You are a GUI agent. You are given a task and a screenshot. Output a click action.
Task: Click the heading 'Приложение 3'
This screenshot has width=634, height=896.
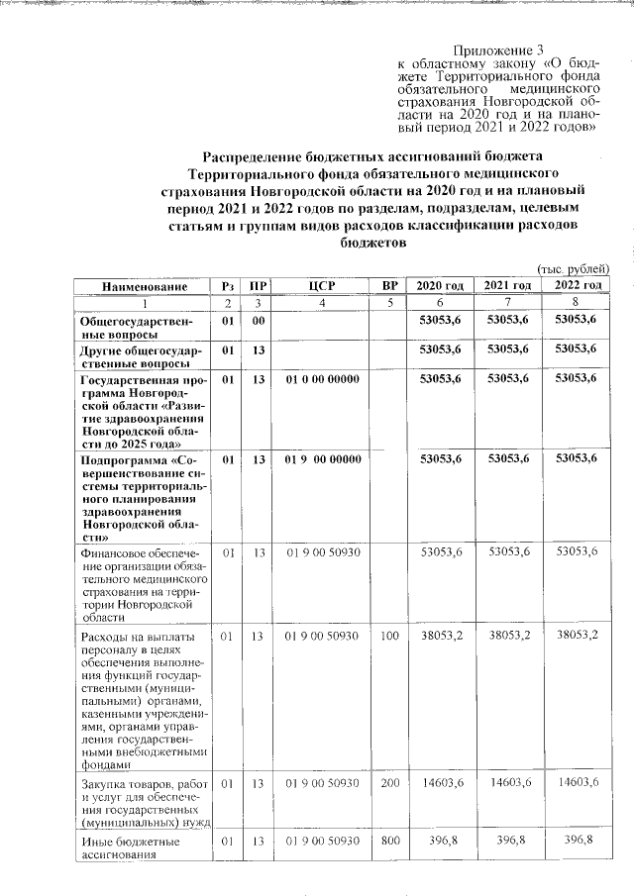pyautogui.click(x=498, y=50)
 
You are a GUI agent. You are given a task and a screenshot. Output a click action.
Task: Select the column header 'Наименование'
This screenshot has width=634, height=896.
pyautogui.click(x=145, y=286)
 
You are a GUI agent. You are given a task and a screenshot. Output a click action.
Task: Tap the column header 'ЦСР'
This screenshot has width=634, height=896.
pyautogui.click(x=322, y=286)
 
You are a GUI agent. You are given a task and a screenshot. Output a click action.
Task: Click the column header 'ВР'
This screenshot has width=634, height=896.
pyautogui.click(x=389, y=286)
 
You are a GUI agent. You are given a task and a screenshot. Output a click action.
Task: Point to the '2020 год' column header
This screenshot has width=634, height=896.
pyautogui.click(x=440, y=286)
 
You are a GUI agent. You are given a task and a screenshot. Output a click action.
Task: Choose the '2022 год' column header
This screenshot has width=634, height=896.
pyautogui.click(x=577, y=286)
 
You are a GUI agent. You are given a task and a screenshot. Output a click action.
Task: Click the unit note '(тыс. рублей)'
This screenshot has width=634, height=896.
pyautogui.click(x=572, y=269)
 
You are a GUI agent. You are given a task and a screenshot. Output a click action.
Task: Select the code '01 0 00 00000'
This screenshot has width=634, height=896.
pyautogui.click(x=322, y=379)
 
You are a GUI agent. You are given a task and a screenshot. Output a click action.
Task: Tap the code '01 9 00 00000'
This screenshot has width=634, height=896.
pyautogui.click(x=322, y=459)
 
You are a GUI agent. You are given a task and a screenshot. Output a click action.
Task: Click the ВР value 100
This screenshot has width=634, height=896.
pyautogui.click(x=389, y=636)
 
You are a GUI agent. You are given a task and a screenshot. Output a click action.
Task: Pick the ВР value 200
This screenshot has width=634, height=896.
pyautogui.click(x=389, y=783)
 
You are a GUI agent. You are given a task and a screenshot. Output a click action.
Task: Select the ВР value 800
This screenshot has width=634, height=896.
pyautogui.click(x=389, y=842)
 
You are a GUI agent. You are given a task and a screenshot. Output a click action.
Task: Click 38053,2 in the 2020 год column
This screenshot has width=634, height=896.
pyautogui.click(x=441, y=636)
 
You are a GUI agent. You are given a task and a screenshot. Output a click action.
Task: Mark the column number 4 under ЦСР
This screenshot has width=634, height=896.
pyautogui.click(x=322, y=303)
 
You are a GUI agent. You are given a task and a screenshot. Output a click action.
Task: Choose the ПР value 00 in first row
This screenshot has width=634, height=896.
pyautogui.click(x=259, y=322)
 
